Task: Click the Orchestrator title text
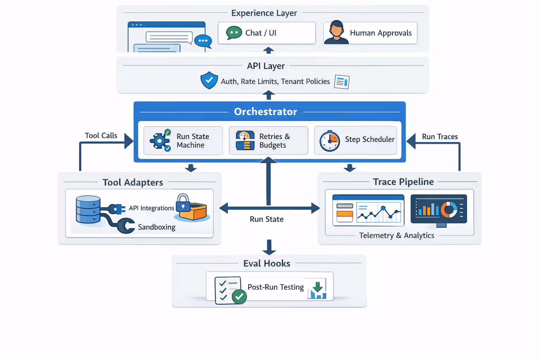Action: [x=265, y=112]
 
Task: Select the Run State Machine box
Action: [x=183, y=141]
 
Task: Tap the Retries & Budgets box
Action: [x=268, y=141]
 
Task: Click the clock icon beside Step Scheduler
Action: [x=329, y=141]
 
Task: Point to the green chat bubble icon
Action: [x=234, y=33]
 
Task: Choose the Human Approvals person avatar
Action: [x=336, y=32]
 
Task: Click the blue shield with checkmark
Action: [x=209, y=80]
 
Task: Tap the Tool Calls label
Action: [x=101, y=136]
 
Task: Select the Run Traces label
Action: [x=440, y=137]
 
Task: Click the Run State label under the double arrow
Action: [x=266, y=219]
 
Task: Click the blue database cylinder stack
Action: [x=88, y=210]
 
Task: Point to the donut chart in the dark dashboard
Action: [x=449, y=210]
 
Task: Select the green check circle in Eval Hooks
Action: [x=239, y=297]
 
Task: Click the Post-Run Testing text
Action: [x=276, y=287]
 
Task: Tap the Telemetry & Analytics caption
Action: [x=397, y=236]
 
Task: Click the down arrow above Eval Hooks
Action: [x=269, y=247]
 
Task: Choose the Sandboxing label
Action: [x=156, y=227]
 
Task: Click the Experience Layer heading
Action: [x=264, y=13]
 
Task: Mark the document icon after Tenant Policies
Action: [x=342, y=82]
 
